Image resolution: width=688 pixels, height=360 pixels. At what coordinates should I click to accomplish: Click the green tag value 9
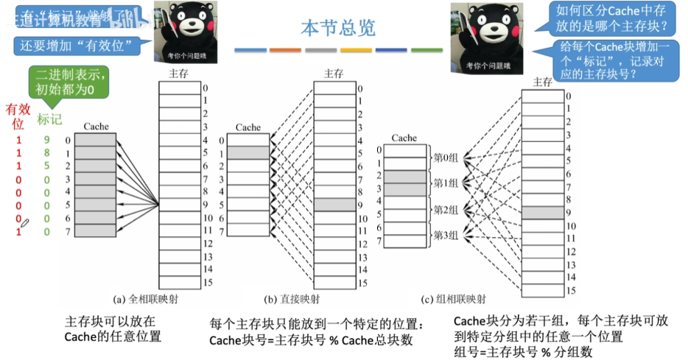click(x=46, y=140)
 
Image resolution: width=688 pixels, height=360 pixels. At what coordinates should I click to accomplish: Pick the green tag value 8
click(x=46, y=153)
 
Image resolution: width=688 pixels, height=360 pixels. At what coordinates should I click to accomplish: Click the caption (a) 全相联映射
click(x=145, y=300)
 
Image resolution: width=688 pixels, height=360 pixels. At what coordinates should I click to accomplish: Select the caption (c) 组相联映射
click(x=454, y=300)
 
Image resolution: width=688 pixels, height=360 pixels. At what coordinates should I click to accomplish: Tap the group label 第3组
click(x=446, y=236)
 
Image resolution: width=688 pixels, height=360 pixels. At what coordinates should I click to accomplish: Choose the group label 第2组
click(x=446, y=210)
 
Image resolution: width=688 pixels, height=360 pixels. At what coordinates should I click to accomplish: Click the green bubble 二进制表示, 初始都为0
click(x=70, y=82)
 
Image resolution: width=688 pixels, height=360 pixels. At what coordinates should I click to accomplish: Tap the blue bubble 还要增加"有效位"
click(x=77, y=46)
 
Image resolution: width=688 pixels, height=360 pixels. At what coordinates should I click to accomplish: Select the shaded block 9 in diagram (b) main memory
click(x=333, y=205)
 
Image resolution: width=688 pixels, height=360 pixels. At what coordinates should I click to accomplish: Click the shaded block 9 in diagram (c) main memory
click(x=542, y=212)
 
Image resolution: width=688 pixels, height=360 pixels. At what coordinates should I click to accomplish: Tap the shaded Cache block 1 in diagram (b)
click(x=248, y=152)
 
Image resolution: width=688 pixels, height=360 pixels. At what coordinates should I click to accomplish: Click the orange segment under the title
click(x=285, y=50)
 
